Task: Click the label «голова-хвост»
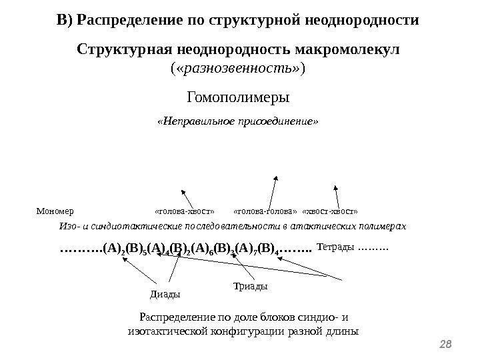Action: pyautogui.click(x=185, y=211)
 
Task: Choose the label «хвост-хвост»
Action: pyautogui.click(x=330, y=211)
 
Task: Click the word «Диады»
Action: pyautogui.click(x=164, y=293)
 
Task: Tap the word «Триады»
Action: pyautogui.click(x=251, y=286)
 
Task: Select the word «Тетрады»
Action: pyautogui.click(x=336, y=248)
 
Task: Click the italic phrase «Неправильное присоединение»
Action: pyautogui.click(x=237, y=122)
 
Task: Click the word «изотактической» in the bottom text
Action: pyautogui.click(x=158, y=331)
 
